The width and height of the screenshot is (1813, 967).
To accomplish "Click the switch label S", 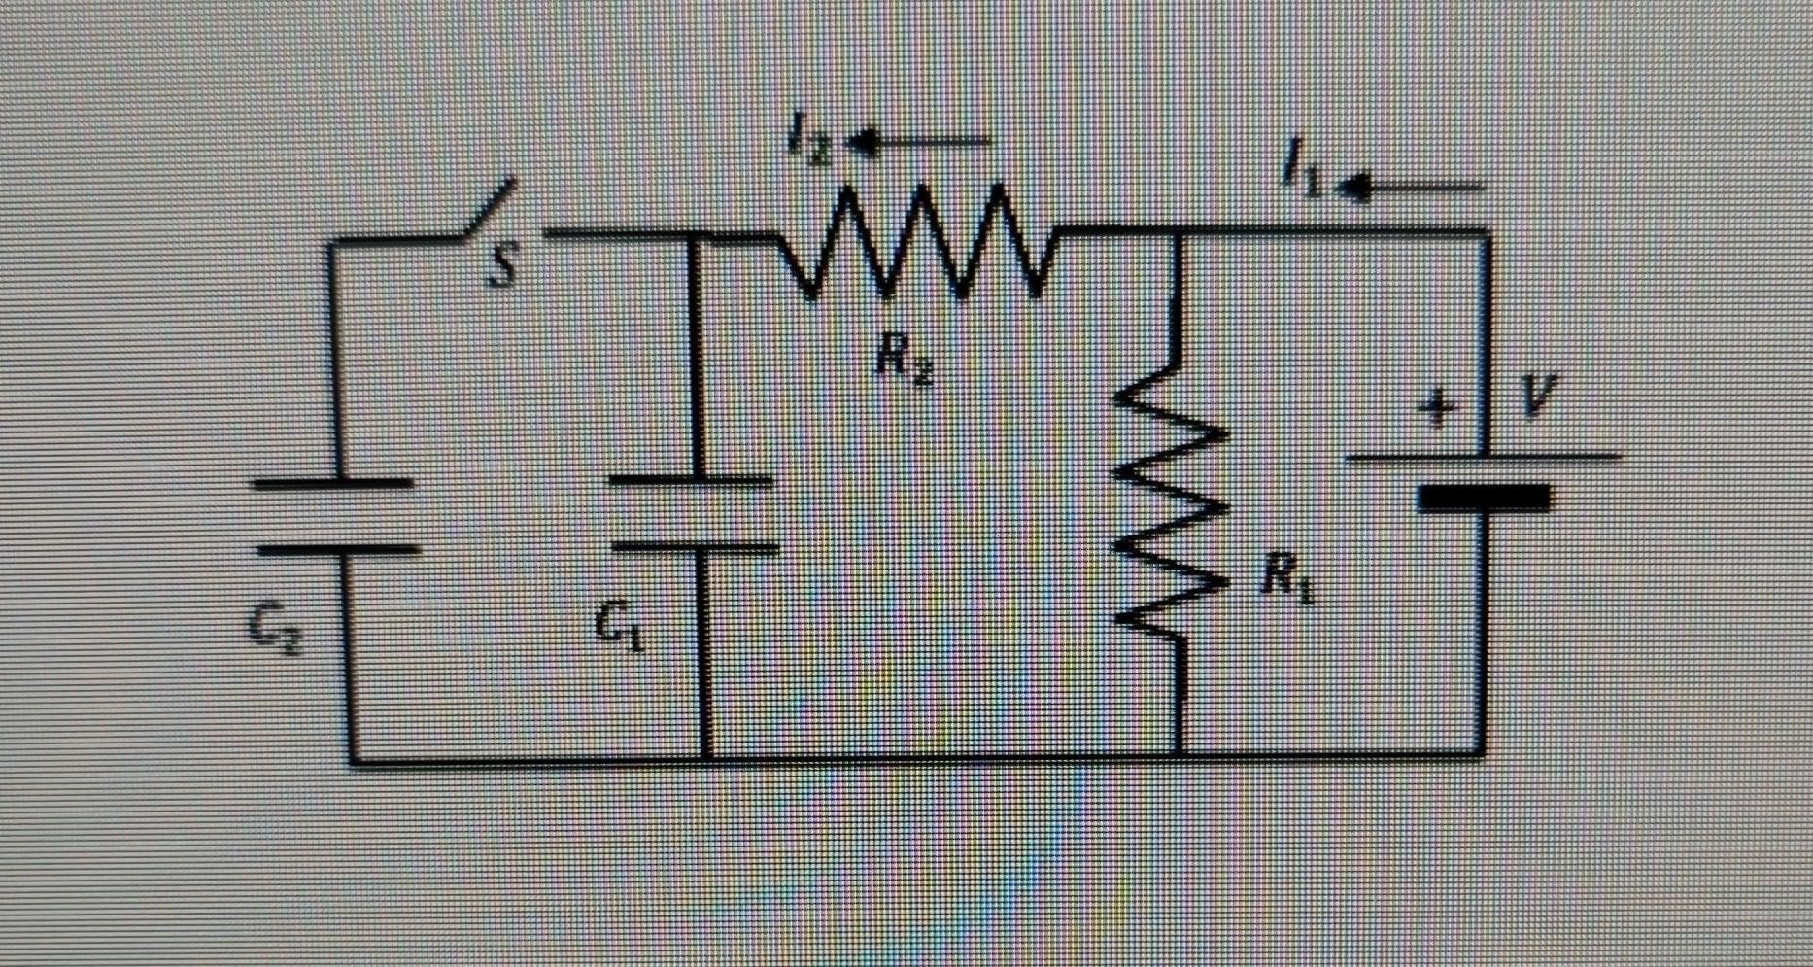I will pos(501,265).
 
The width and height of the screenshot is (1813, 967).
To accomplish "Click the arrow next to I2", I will pos(918,144).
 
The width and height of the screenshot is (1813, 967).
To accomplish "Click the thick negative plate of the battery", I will pos(1483,499).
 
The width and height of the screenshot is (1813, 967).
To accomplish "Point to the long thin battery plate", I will pos(1483,456).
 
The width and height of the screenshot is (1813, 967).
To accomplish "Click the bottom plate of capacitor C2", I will pos(338,550).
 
